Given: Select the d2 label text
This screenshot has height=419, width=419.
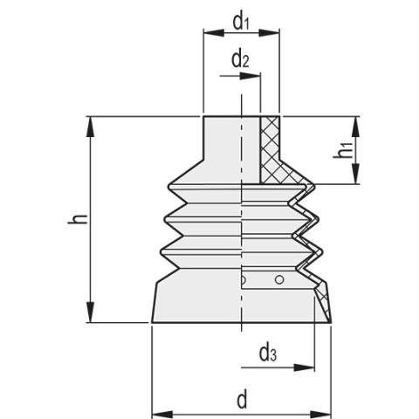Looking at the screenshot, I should tap(241, 60).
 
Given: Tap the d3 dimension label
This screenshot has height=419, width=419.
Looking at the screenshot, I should tap(268, 354).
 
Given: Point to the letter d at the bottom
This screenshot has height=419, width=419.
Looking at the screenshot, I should tap(242, 401).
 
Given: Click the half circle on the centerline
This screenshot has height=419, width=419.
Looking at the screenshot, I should tap(244, 280).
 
